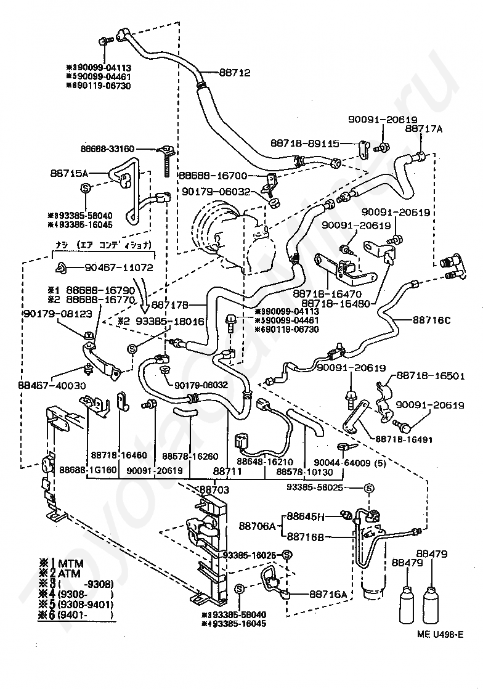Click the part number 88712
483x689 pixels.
pos(235,72)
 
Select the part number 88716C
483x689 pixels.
pos(431,320)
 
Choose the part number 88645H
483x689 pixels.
pos(310,516)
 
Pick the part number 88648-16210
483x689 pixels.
pos(264,462)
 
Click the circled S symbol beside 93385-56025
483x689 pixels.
pos(369,489)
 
